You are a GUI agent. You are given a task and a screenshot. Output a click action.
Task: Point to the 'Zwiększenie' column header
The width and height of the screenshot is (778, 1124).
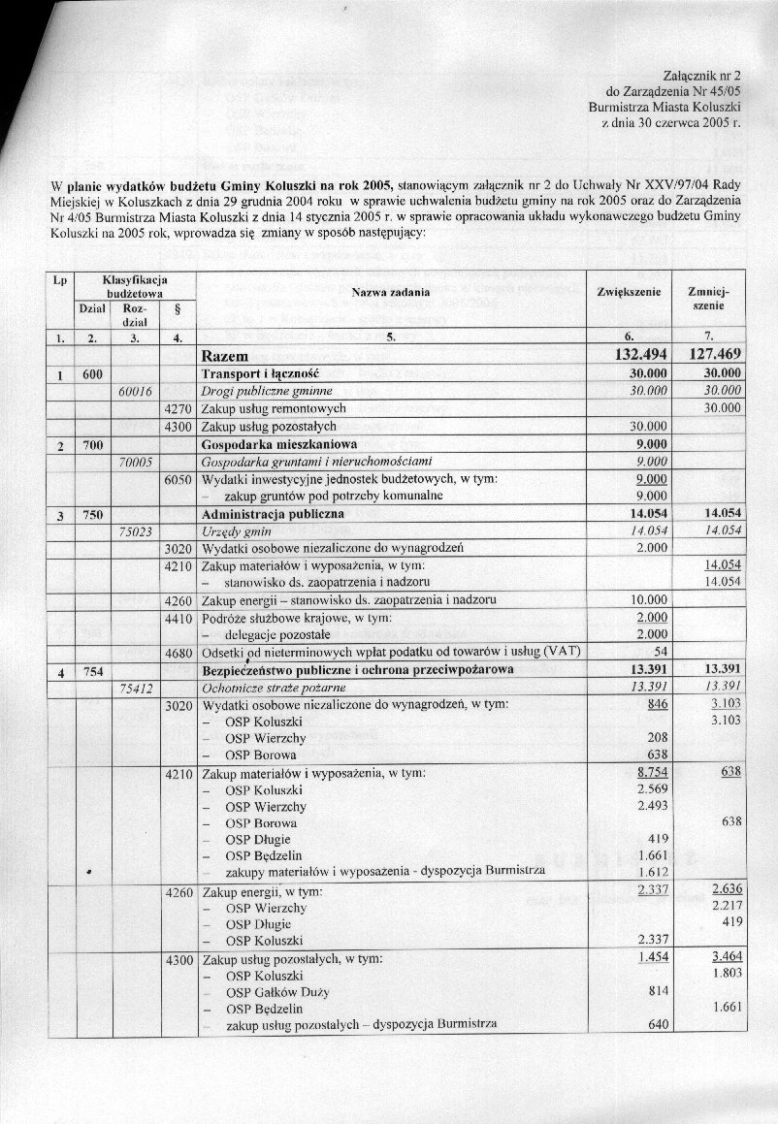coord(630,291)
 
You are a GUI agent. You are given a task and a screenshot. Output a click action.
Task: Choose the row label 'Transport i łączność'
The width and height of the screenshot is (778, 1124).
coord(260,373)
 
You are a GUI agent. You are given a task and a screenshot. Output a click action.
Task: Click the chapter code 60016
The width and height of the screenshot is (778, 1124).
coord(135,391)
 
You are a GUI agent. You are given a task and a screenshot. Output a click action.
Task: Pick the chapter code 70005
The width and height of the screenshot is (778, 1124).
coord(135,461)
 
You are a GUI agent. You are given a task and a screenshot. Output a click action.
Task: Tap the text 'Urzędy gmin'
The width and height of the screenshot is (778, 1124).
coord(236,531)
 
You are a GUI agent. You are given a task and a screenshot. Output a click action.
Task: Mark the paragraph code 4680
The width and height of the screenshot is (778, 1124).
coord(178,652)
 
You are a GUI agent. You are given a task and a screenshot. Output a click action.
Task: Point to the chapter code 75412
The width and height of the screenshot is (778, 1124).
coord(135,688)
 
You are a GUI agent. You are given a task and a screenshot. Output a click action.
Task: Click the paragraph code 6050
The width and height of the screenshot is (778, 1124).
coord(178,478)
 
